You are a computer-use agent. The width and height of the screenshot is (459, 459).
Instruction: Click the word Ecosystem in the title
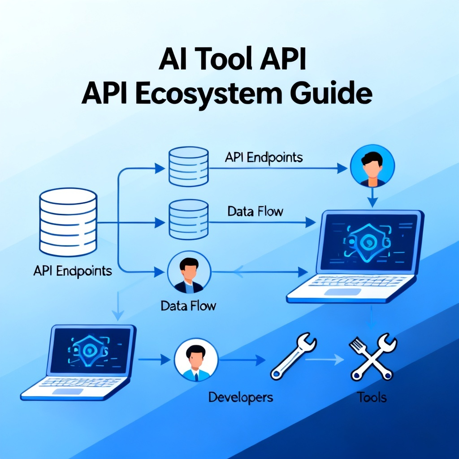[209, 94]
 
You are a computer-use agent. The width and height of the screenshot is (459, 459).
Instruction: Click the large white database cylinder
[68, 222]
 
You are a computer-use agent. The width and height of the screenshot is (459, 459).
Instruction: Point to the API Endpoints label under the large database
[73, 271]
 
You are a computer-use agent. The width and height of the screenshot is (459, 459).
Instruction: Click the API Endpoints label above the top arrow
[264, 157]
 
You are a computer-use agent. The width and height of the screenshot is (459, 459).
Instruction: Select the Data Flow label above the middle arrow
[255, 212]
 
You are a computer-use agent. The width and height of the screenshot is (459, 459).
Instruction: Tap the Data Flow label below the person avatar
[188, 306]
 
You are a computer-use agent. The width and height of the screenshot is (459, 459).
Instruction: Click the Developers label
[241, 398]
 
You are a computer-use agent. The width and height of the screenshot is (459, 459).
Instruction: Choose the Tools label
[372, 397]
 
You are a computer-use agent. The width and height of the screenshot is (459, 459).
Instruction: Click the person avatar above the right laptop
[372, 166]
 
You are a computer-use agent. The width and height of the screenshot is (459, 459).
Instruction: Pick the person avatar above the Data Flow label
[189, 272]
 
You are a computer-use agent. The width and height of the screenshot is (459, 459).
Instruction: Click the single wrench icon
[293, 356]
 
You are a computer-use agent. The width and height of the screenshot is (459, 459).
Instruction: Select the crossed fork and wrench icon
[372, 356]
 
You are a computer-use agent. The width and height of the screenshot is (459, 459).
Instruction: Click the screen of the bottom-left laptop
[90, 350]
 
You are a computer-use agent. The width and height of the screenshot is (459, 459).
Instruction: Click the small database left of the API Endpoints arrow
[189, 166]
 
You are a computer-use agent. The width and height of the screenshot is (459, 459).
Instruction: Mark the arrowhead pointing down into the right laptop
[372, 202]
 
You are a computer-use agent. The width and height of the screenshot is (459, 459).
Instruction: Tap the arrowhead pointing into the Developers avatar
[165, 359]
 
